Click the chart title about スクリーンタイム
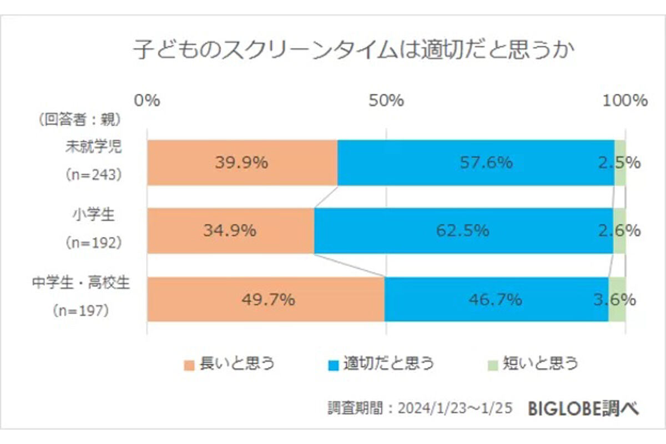coord(353,49)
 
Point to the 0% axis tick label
coord(147,100)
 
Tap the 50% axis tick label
coord(386,100)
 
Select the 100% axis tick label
coord(625,100)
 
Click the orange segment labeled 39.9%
coord(243,163)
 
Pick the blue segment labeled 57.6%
coord(476,163)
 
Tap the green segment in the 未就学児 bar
coord(620,163)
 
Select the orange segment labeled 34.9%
coord(231,231)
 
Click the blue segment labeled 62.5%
coord(463,231)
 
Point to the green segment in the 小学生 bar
coord(619,231)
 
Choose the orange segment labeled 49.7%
coord(266,299)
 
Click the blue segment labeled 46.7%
coord(497,299)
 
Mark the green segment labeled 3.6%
coord(617,299)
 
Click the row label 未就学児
coord(94,147)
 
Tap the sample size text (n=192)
coord(94,243)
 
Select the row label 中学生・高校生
coord(81,282)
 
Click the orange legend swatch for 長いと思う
coord(189,366)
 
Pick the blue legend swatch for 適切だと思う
coord(334,366)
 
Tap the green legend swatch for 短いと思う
coord(493,366)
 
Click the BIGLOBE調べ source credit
coord(583,408)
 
